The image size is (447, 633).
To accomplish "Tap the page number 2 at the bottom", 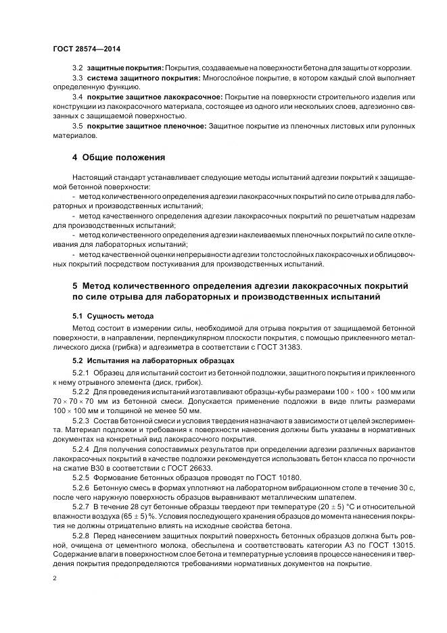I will [55, 580].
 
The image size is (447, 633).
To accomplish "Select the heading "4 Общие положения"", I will [119, 158].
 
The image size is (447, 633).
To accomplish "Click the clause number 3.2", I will [77, 69].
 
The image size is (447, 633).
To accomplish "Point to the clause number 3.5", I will [77, 126].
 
